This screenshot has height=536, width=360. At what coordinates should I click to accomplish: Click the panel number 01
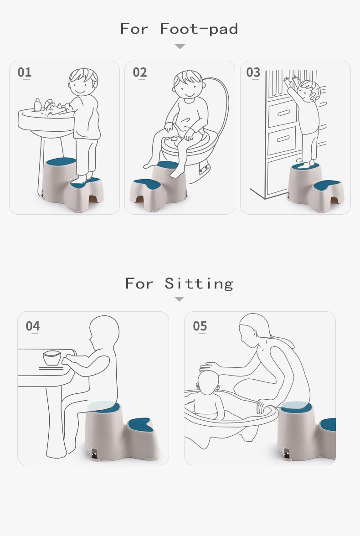(x=24, y=72)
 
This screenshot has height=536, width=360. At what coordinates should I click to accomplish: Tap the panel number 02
(x=139, y=72)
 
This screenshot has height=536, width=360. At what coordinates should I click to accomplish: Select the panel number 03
(x=253, y=72)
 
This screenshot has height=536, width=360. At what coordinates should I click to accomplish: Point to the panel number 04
(x=32, y=326)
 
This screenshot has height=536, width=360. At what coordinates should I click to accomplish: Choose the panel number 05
(x=200, y=326)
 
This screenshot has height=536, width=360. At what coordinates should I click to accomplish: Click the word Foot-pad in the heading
(x=199, y=29)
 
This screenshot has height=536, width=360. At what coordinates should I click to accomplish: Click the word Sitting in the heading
(x=199, y=283)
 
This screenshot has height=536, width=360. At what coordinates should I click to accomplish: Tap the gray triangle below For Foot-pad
(x=180, y=46)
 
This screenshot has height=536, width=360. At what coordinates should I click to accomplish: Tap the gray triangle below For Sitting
(x=179, y=299)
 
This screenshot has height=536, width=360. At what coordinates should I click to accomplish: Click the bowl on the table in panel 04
(x=51, y=358)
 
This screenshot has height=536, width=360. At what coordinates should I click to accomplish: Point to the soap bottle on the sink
(x=37, y=105)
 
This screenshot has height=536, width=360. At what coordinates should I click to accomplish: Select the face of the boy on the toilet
(x=187, y=88)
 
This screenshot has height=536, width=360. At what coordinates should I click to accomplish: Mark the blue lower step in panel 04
(x=139, y=424)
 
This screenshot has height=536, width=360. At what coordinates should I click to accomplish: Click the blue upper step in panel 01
(x=61, y=160)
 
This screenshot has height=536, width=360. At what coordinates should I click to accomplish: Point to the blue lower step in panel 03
(x=326, y=185)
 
